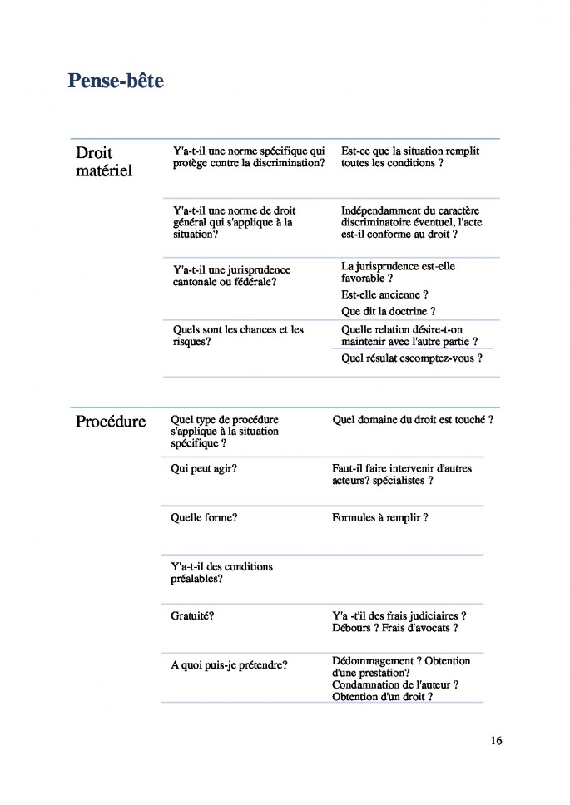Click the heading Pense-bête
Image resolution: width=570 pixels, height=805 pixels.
116,81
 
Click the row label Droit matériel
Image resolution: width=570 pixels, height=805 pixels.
103,162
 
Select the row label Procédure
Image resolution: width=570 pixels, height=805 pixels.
111,422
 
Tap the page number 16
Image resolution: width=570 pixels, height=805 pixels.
496,741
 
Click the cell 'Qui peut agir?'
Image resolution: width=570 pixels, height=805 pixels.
204,469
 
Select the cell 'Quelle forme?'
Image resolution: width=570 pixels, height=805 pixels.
204,517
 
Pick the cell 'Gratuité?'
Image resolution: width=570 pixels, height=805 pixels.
192,616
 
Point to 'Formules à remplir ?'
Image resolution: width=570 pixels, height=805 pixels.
380,517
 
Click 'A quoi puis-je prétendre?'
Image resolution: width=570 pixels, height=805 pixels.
229,665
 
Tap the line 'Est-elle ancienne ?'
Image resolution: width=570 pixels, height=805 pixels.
384,294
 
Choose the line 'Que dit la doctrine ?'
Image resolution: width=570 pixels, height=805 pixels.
389,311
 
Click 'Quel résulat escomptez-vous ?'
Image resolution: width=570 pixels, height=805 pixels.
412,358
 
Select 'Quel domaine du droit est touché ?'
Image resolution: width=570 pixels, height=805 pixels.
413,420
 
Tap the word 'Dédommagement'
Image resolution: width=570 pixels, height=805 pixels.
369,661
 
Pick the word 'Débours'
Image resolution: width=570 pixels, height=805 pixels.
350,628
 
